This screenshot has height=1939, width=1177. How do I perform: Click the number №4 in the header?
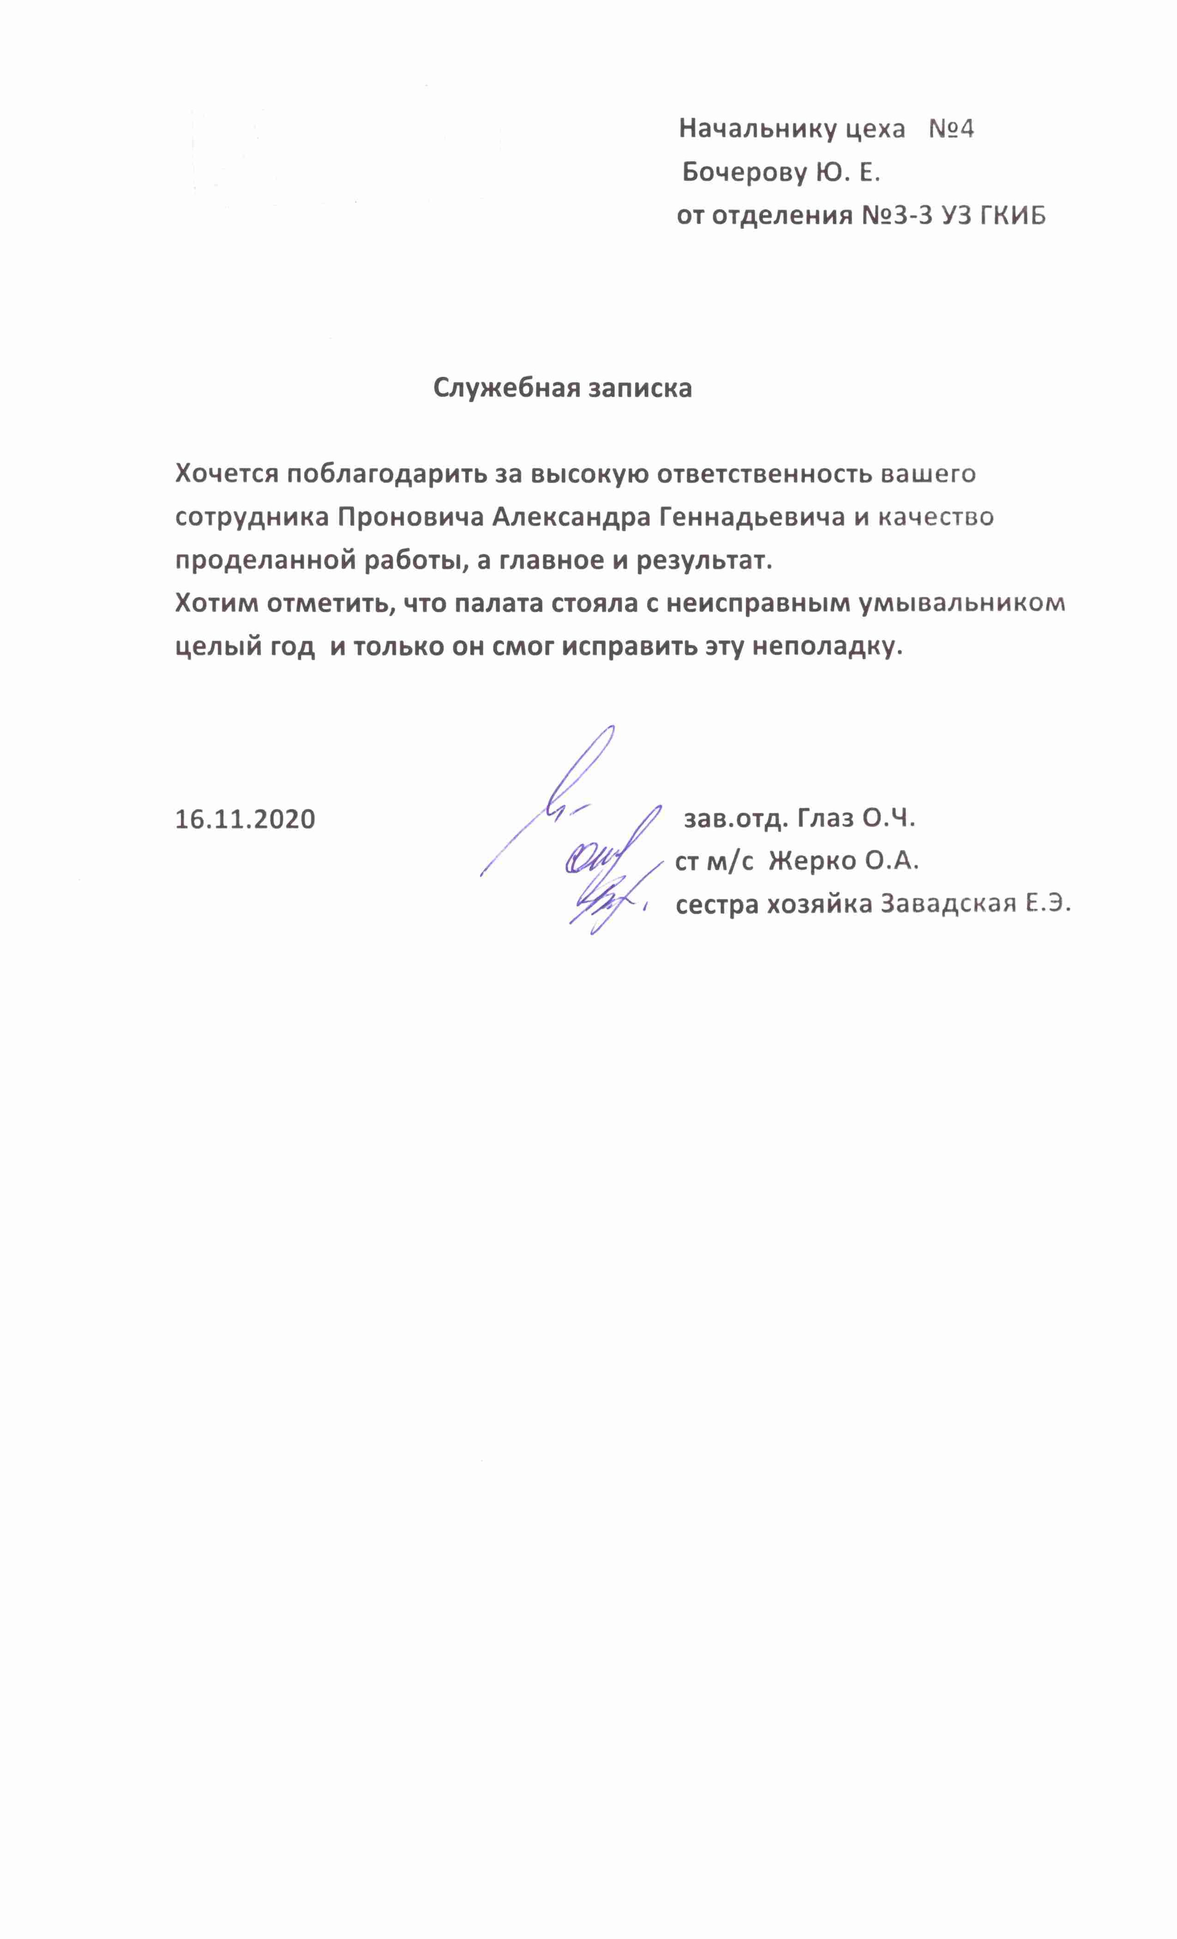pyautogui.click(x=951, y=129)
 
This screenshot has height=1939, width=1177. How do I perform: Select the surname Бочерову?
pyautogui.click(x=744, y=172)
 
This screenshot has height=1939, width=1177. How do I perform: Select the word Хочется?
pyautogui.click(x=227, y=475)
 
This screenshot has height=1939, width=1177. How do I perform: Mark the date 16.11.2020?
pyautogui.click(x=245, y=819)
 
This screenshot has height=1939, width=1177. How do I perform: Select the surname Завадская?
pyautogui.click(x=946, y=904)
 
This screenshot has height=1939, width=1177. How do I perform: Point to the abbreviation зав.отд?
pyautogui.click(x=736, y=819)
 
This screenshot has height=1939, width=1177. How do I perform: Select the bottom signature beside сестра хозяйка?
pyautogui.click(x=606, y=905)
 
